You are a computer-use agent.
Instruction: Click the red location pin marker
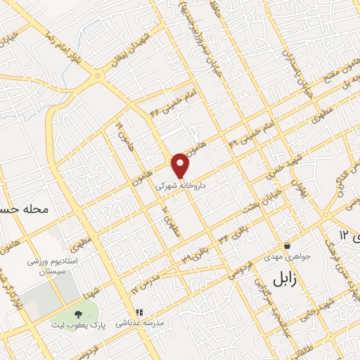[x=181, y=165]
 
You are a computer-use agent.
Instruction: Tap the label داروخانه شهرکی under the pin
[x=180, y=186]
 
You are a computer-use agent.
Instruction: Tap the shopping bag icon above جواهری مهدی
[x=288, y=246]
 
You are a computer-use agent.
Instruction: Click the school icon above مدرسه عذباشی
[x=139, y=312]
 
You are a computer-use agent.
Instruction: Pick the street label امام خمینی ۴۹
[x=250, y=134]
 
